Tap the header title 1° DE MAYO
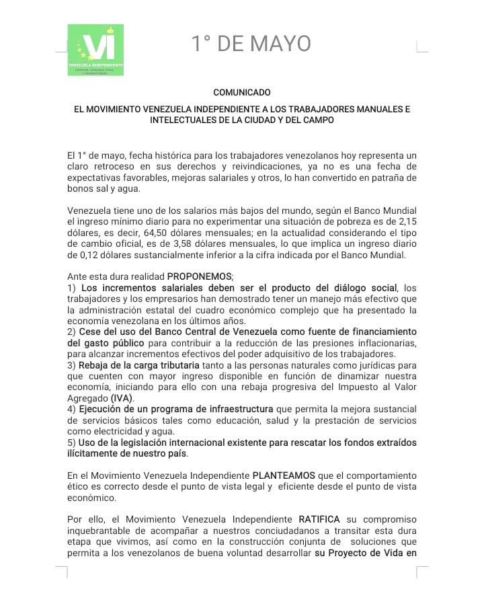pos(251,44)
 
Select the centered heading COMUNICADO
pos(241,91)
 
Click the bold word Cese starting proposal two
pos(90,332)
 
